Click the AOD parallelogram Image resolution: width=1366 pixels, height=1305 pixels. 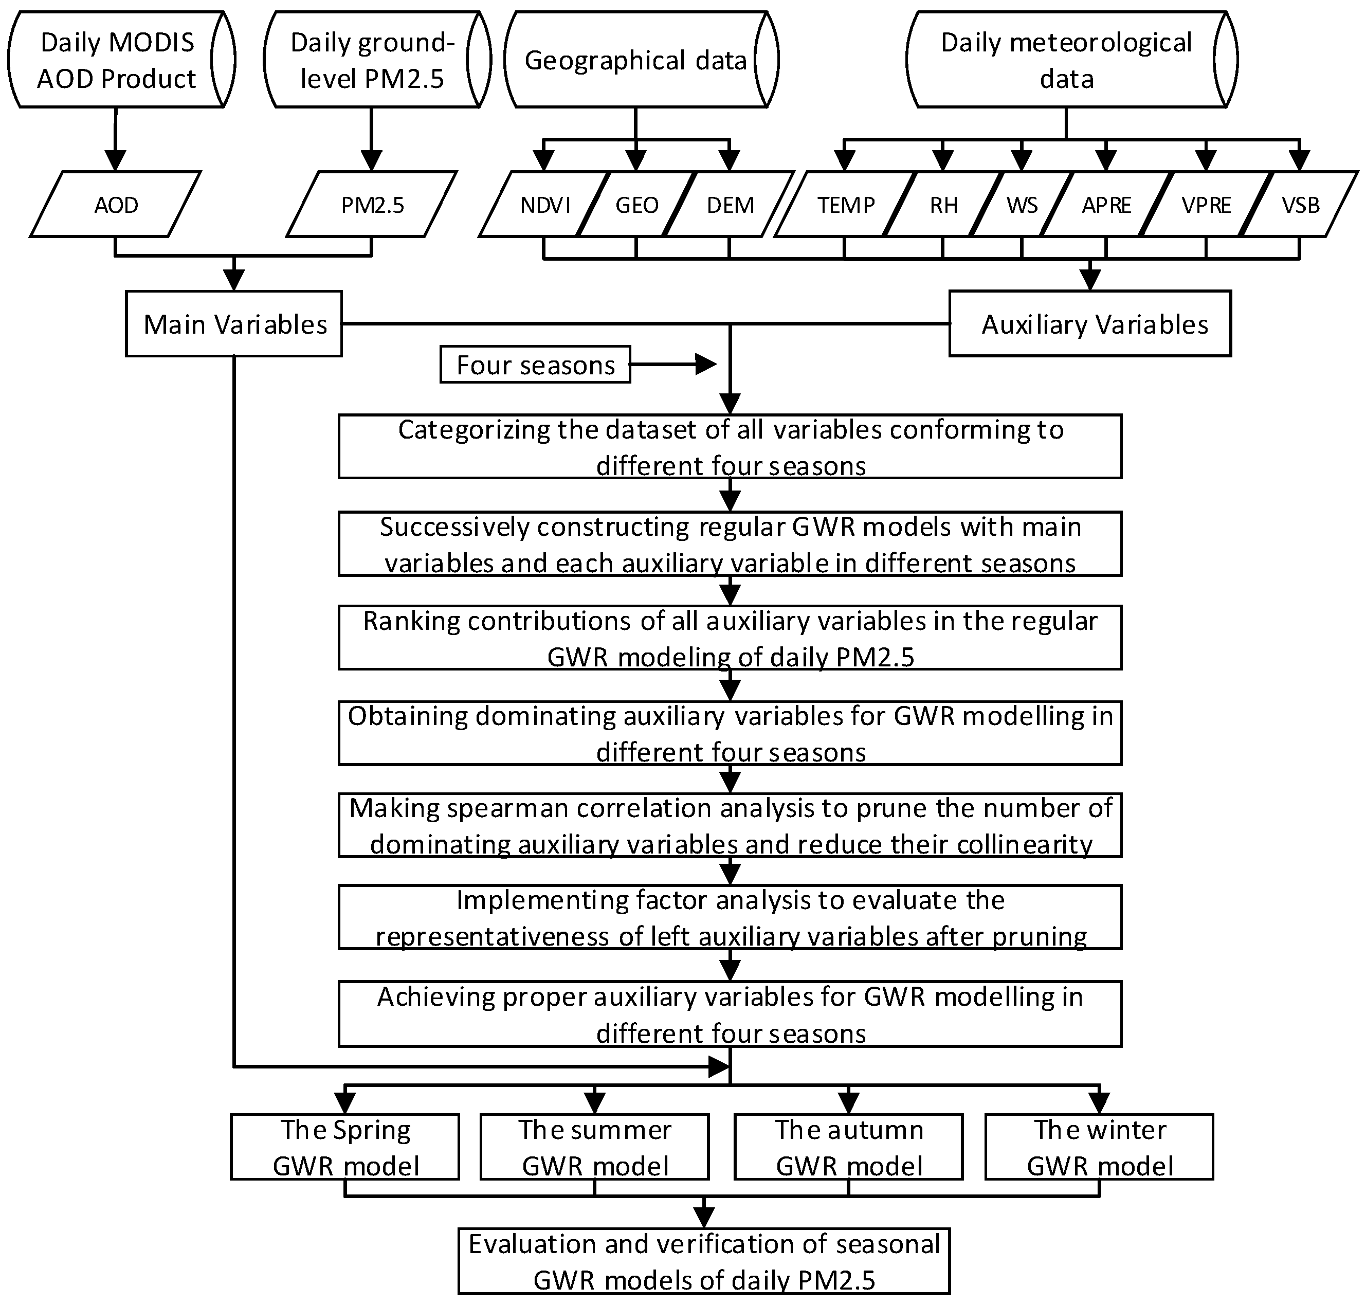[116, 205]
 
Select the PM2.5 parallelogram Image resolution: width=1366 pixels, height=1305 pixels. [372, 205]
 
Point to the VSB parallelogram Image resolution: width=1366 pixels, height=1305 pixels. [1300, 205]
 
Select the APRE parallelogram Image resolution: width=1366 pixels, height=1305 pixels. [1106, 205]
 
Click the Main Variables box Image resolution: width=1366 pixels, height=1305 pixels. [234, 324]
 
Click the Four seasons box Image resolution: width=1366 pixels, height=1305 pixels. [536, 365]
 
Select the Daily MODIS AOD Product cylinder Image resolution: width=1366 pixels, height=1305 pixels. [116, 60]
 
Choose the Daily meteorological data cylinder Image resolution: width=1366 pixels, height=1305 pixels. [1066, 60]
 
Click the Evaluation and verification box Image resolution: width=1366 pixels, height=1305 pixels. [704, 1261]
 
